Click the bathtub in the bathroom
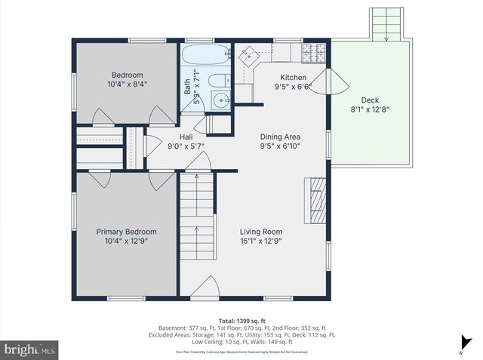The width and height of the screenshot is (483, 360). pos(205,56)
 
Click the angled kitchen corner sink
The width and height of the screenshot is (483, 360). pos(250,54)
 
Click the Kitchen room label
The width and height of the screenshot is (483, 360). pos(294,78)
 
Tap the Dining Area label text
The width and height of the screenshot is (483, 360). pos(280,137)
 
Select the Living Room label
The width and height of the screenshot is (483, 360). pos(260,232)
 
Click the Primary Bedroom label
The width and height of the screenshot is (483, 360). pos(126,232)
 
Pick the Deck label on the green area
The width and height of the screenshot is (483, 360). pos(370,100)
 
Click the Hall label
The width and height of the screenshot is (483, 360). pos(186,137)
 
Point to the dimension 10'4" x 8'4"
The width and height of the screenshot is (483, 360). pos(128,85)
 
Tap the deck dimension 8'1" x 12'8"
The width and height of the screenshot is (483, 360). pos(370,109)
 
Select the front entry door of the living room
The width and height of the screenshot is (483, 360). pos(205,290)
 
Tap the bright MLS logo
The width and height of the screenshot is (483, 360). pos(29,349)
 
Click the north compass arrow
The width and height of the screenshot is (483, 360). pos(460,352)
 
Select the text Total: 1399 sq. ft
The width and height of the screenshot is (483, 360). pos(241,321)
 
